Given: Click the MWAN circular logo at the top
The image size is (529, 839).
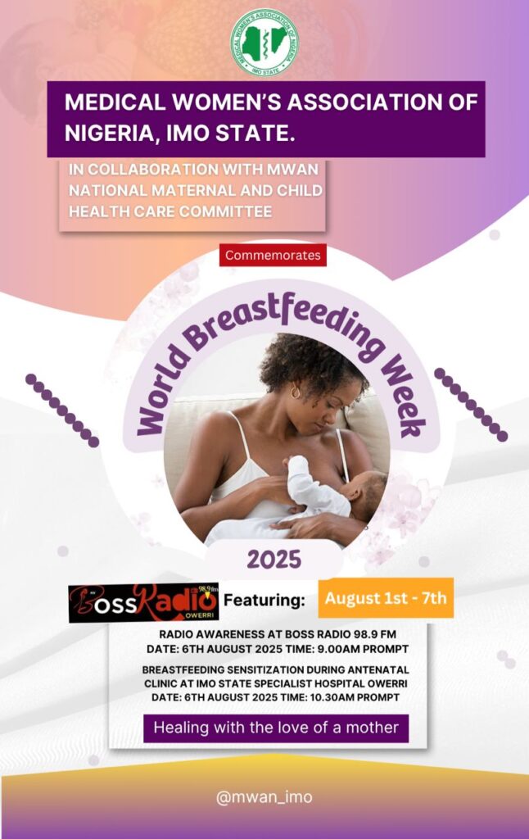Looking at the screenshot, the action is point(264,43).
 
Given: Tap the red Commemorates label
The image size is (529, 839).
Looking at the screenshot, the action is point(273,256).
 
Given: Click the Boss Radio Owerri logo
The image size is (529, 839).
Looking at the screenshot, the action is point(144,602).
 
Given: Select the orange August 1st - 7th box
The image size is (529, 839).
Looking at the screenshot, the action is point(386,597).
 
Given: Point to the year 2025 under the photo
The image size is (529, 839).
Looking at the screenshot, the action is point(274,560).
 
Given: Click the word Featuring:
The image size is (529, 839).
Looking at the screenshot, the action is point(264,600).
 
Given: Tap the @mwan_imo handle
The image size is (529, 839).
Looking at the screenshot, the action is point(264,797).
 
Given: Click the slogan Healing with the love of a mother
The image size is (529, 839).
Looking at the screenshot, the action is point(276,728).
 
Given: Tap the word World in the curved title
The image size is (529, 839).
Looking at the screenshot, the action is point(159,392).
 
